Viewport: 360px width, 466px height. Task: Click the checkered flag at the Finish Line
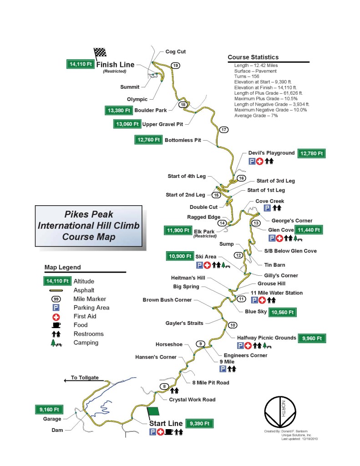pyautogui.click(x=100, y=53)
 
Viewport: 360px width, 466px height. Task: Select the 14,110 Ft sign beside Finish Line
pyautogui.click(x=80, y=65)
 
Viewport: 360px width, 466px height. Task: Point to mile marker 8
pyautogui.click(x=164, y=387)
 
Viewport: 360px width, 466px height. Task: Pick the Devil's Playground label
pyautogui.click(x=271, y=153)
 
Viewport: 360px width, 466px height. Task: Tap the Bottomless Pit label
pyautogui.click(x=183, y=140)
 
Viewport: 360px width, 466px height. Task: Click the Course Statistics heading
pyautogui.click(x=253, y=57)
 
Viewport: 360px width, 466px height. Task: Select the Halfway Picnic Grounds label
pyautogui.click(x=266, y=338)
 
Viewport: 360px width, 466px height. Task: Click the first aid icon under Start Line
pyautogui.click(x=161, y=432)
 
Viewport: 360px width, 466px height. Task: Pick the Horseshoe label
pyautogui.click(x=169, y=344)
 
